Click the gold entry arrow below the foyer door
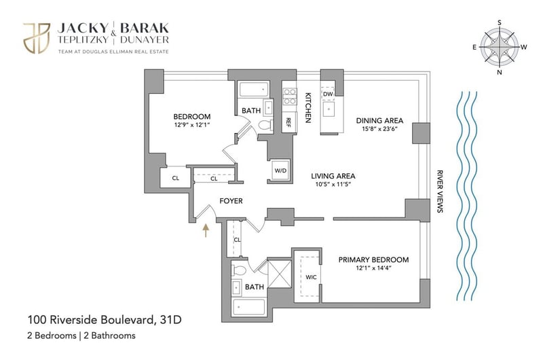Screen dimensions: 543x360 pyautogui.click(x=206, y=230)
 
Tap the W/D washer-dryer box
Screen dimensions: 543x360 pyautogui.click(x=280, y=170)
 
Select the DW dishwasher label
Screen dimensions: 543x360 pyautogui.click(x=328, y=94)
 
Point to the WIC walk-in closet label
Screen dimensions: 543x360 pyautogui.click(x=311, y=277)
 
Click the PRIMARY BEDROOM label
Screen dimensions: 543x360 pyautogui.click(x=373, y=259)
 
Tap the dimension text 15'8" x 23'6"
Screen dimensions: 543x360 pyautogui.click(x=380, y=129)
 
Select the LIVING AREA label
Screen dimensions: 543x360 pyautogui.click(x=333, y=176)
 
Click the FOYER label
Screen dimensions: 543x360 pyautogui.click(x=231, y=201)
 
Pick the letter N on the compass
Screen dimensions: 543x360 pyautogui.click(x=500, y=73)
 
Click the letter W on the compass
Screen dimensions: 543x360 pyautogui.click(x=523, y=47)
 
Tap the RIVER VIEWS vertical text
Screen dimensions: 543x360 pyautogui.click(x=440, y=191)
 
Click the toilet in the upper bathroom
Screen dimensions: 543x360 pyautogui.click(x=266, y=125)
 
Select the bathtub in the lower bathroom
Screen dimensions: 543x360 pyautogui.click(x=249, y=307)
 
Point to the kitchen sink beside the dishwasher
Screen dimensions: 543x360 pyautogui.click(x=329, y=109)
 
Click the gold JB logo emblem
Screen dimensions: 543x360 pyautogui.click(x=37, y=38)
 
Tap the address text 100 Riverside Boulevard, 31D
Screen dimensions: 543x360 pyautogui.click(x=105, y=319)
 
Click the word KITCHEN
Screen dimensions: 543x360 pyautogui.click(x=307, y=107)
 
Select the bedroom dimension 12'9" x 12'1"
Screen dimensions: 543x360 pyautogui.click(x=192, y=125)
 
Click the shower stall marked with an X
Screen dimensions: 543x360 pyautogui.click(x=280, y=274)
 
